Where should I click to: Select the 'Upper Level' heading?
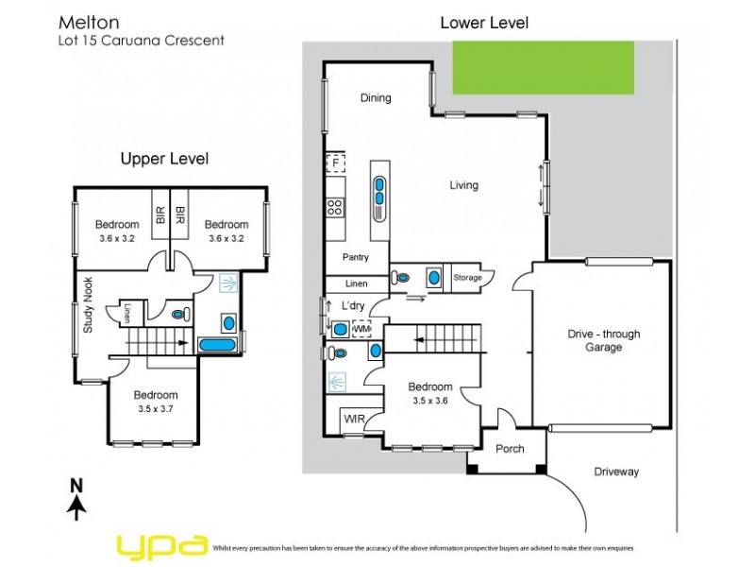click(x=164, y=159)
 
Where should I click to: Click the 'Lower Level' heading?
click(x=484, y=23)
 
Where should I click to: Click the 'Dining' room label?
click(x=376, y=97)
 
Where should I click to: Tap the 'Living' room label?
click(x=463, y=185)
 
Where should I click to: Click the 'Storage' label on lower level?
click(x=467, y=278)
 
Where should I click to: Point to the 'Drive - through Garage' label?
click(x=603, y=340)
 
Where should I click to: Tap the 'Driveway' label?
click(x=616, y=472)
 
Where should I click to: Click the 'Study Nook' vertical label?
click(x=87, y=304)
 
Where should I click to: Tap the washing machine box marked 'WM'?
click(x=361, y=329)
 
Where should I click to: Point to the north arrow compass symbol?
click(x=76, y=498)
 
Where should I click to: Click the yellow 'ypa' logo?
click(x=161, y=545)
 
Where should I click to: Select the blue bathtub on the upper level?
click(x=220, y=346)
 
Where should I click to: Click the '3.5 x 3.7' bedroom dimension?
click(x=155, y=409)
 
